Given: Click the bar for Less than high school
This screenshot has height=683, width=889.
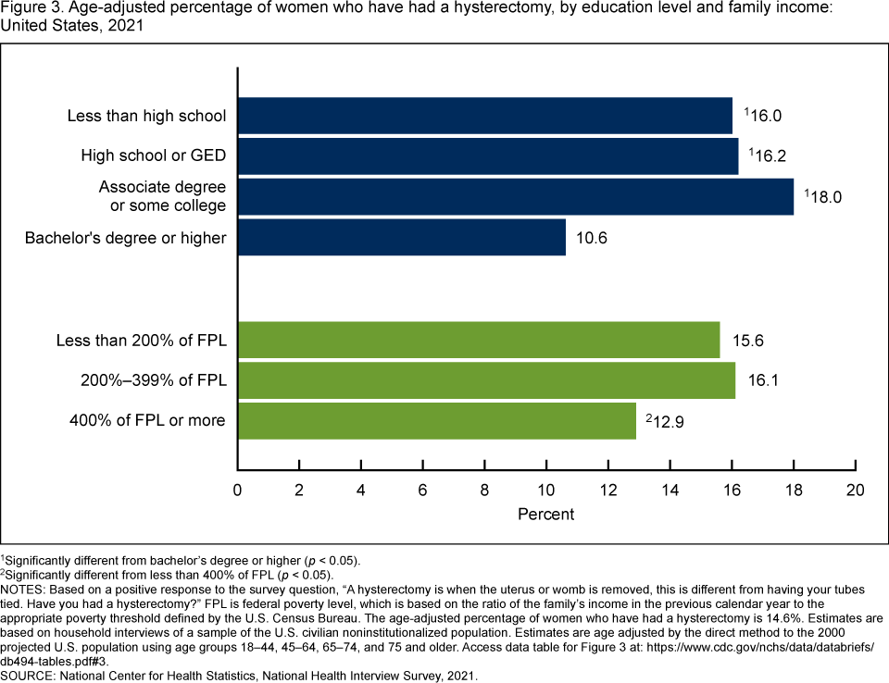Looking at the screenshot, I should click(485, 116).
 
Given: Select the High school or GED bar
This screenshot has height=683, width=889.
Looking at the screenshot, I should click(488, 155).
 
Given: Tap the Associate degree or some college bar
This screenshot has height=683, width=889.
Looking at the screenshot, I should click(516, 196).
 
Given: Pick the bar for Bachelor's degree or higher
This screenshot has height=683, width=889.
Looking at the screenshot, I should click(402, 237).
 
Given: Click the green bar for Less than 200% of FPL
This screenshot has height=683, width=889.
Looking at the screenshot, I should click(479, 340).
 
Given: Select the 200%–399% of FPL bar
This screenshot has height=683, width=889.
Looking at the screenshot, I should click(486, 380).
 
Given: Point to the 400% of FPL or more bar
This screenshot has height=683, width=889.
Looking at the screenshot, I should click(437, 420).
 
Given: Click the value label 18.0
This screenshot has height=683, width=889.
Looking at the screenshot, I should click(827, 196).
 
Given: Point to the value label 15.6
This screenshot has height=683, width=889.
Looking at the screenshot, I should click(748, 340).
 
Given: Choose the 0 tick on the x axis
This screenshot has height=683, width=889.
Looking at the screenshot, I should click(239, 490).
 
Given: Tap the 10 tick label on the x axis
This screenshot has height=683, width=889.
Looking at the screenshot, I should click(546, 490).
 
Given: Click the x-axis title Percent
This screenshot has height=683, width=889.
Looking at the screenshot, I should click(546, 515).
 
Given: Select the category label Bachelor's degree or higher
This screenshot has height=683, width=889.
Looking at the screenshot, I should click(125, 238).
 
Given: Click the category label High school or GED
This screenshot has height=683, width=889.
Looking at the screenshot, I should click(153, 155).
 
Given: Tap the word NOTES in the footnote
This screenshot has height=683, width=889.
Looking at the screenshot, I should click(24, 590).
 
